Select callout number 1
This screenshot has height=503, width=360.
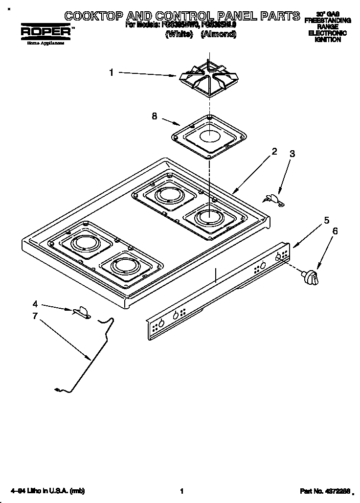[x=112, y=72]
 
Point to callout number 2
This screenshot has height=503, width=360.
[x=274, y=152]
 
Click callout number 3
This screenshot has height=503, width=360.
[x=292, y=154]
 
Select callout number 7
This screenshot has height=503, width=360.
[x=35, y=316]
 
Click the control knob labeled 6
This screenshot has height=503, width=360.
[x=311, y=277]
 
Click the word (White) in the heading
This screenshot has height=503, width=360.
[x=180, y=34]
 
